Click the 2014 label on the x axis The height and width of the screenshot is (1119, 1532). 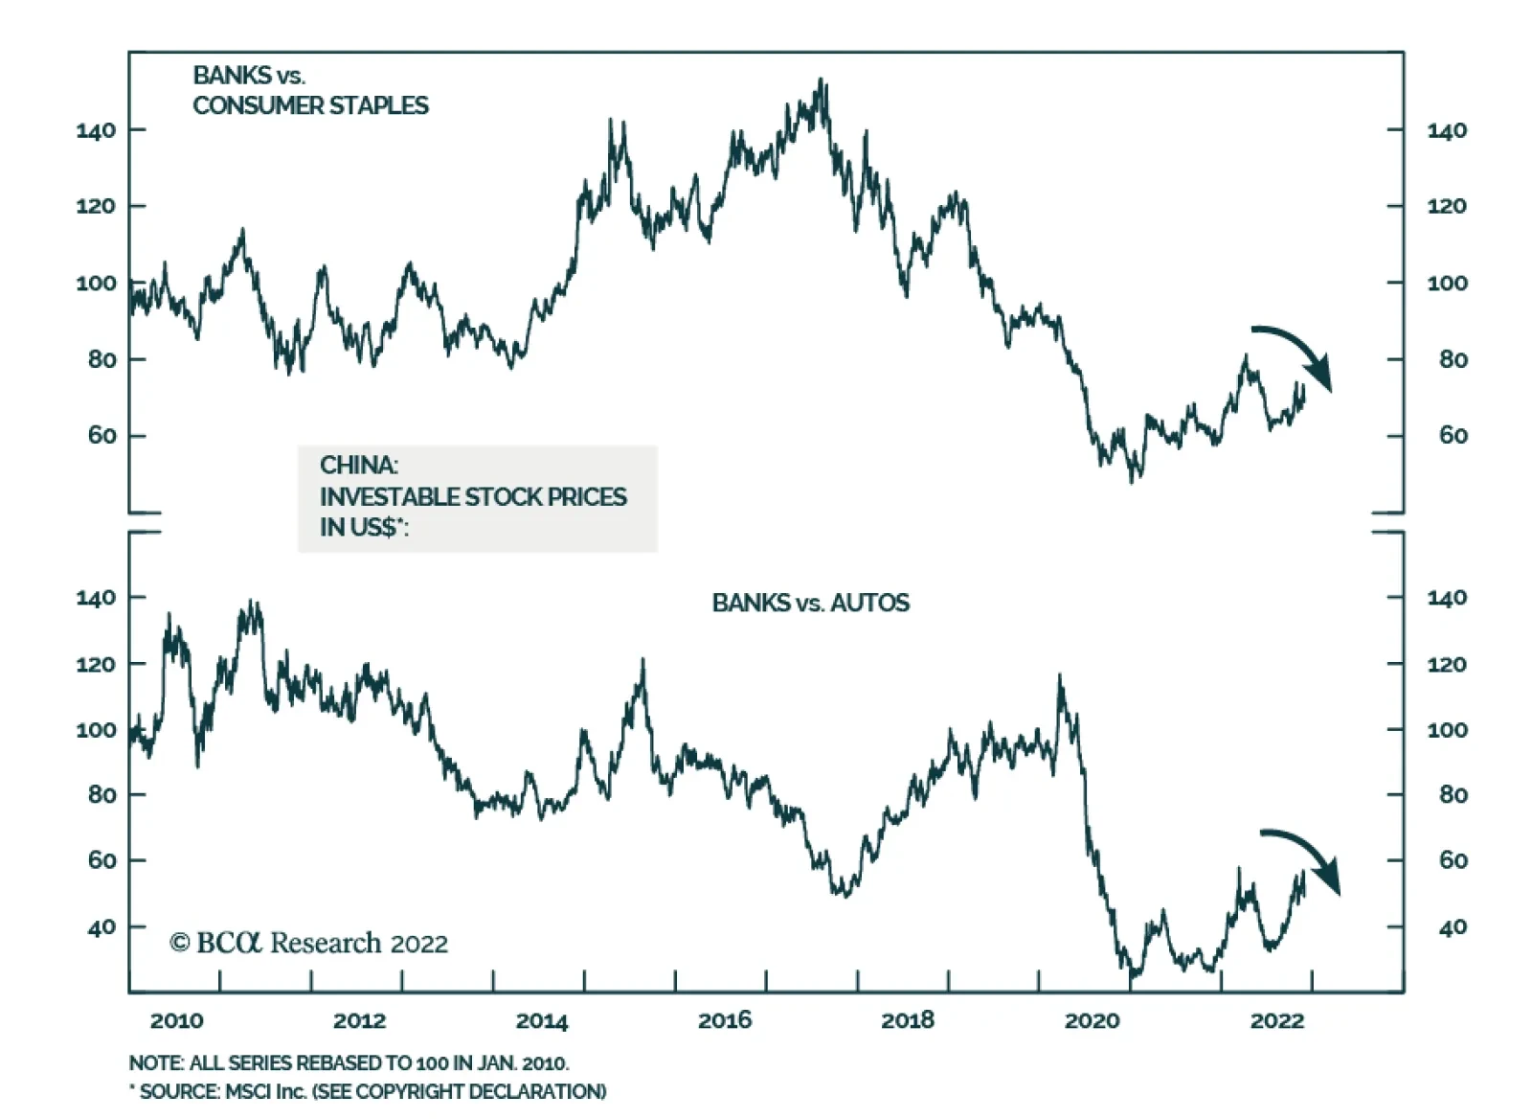pos(542,1021)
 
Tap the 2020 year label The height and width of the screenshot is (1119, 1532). pos(1092,1021)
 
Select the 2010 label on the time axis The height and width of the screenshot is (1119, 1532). pos(176,1021)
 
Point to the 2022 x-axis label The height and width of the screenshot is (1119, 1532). pos(1276,1021)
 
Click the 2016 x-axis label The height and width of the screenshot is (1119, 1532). pos(725,1021)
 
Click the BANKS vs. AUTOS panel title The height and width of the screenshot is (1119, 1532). pos(810,603)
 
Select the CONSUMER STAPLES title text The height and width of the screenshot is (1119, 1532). pos(310,105)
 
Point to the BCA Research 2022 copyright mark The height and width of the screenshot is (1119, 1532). pos(308,944)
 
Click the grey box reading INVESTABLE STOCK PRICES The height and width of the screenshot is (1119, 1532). pos(477,497)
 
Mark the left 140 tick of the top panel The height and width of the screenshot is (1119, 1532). pos(96,130)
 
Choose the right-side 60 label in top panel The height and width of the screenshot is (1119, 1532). pos(1453,436)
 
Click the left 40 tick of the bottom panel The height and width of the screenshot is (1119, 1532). pos(101,927)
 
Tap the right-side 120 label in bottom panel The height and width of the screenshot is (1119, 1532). pos(1447,664)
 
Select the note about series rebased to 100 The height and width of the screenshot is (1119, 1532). pos(349,1063)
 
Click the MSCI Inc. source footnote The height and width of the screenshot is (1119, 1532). pos(368,1092)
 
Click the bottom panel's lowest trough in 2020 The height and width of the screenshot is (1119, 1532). pos(1134,977)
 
